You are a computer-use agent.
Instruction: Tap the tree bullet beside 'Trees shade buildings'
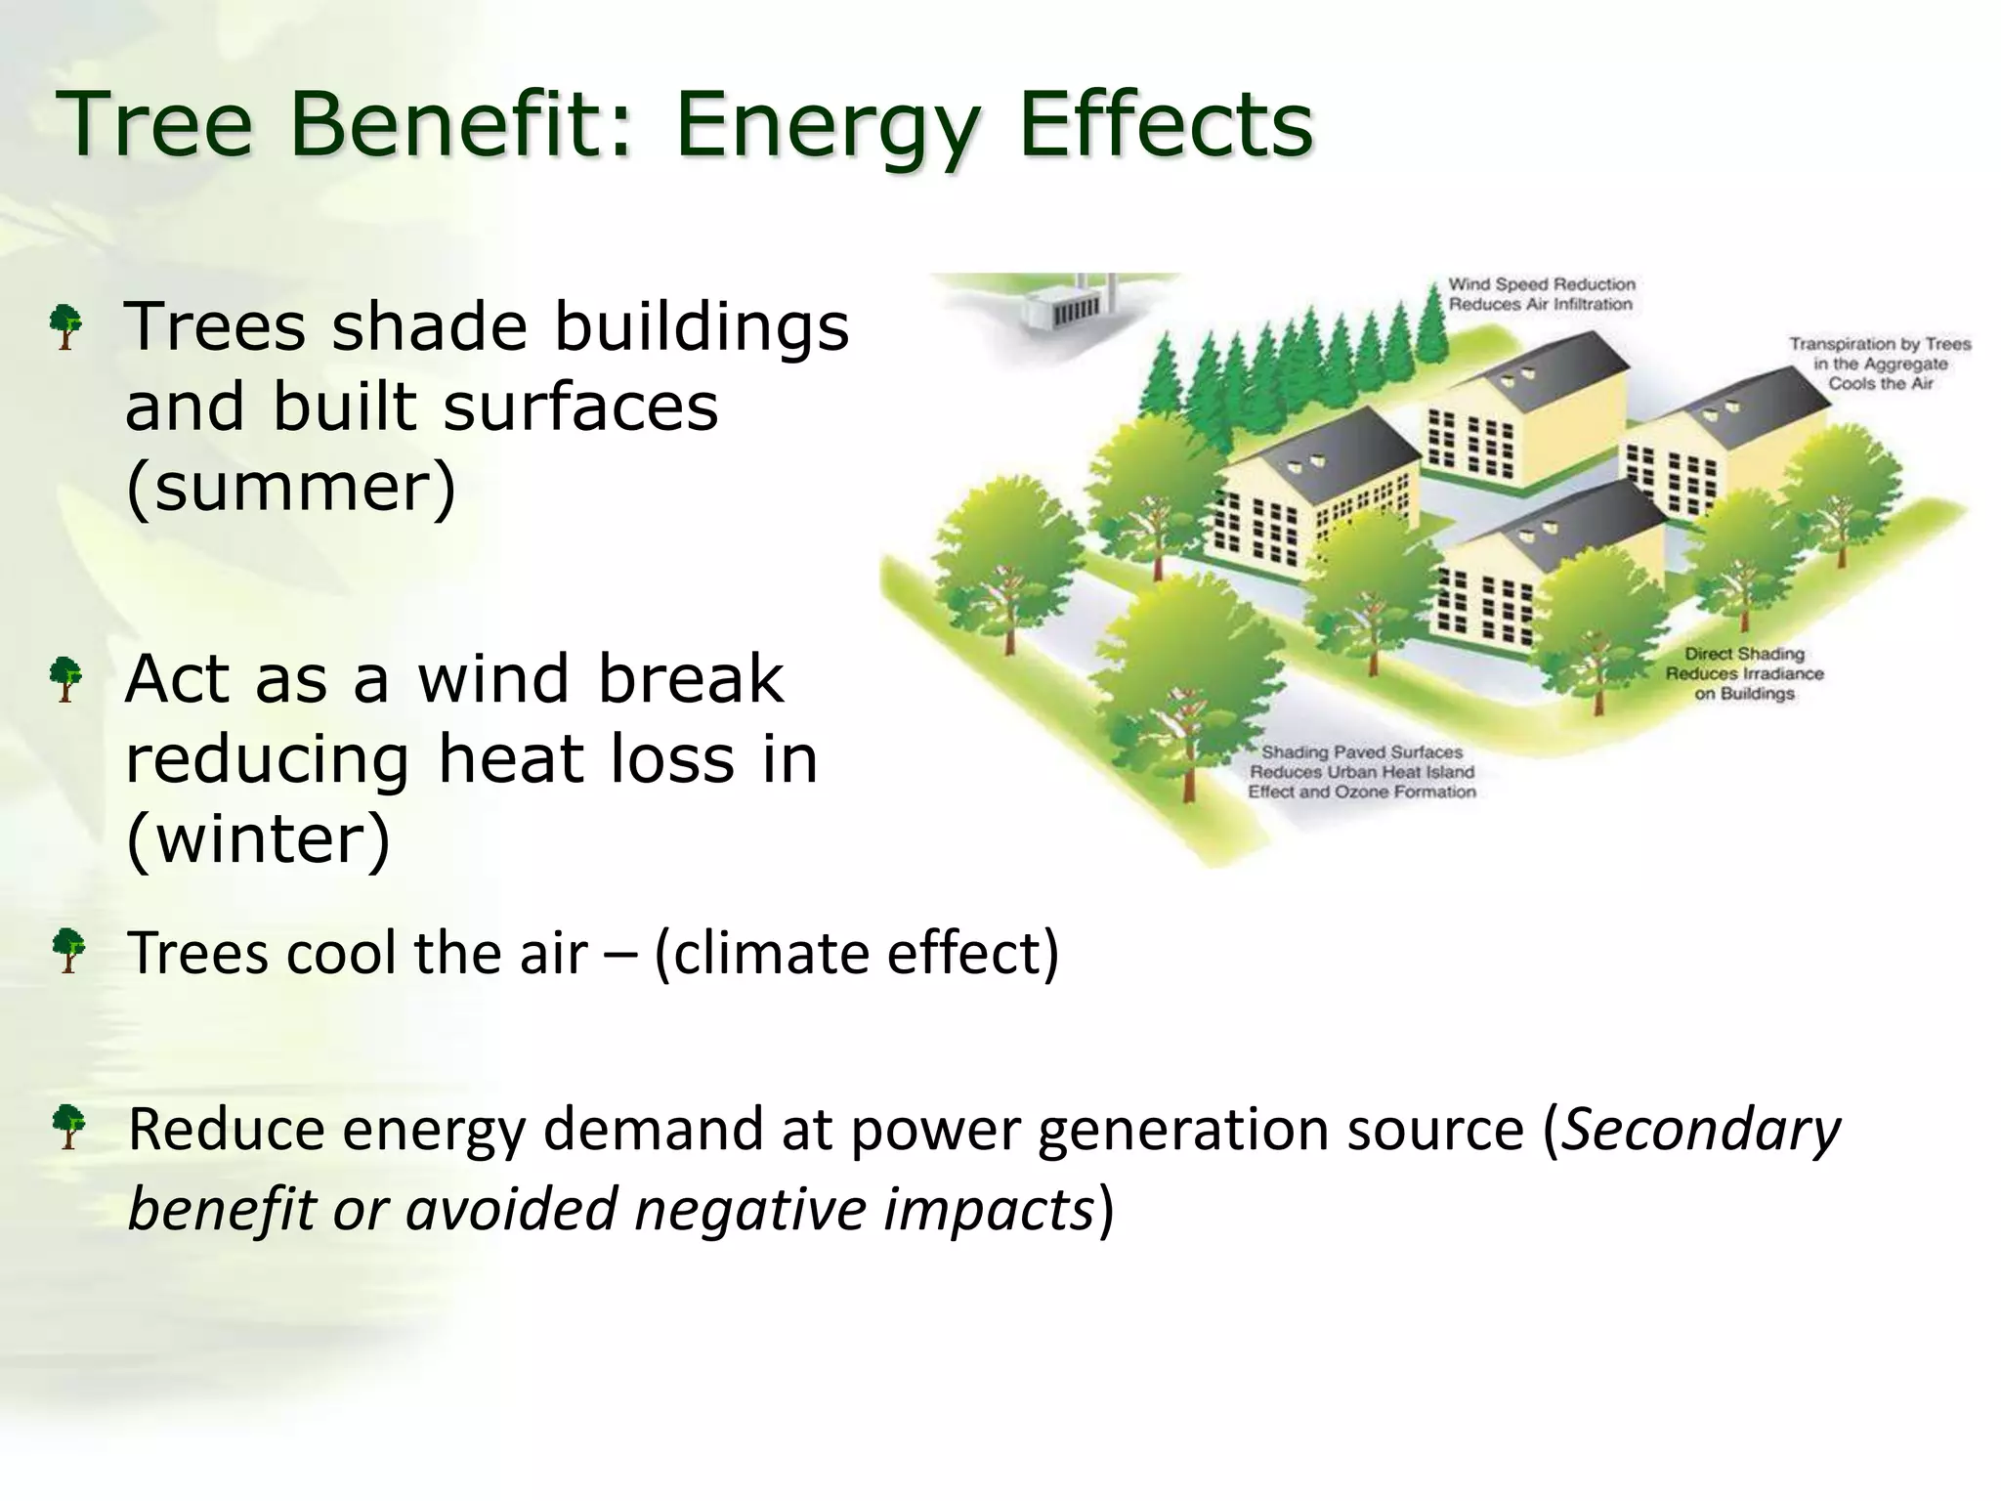click(x=65, y=326)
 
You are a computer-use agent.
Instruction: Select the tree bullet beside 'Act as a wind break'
click(x=65, y=679)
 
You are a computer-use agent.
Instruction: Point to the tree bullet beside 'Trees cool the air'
click(x=67, y=951)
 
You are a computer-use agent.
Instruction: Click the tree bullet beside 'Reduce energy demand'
click(x=67, y=1127)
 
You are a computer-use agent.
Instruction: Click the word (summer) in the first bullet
click(x=291, y=487)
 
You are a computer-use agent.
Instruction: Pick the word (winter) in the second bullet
click(x=258, y=838)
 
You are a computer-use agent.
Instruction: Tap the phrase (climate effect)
click(x=856, y=953)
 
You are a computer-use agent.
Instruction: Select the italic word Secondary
click(x=1700, y=1130)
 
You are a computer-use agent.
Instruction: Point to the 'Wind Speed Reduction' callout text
click(x=1541, y=294)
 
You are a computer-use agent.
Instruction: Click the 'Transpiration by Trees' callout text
click(x=1880, y=364)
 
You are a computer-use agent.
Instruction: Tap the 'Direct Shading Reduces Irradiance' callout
click(x=1744, y=673)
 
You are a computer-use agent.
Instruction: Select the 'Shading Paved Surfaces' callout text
click(x=1362, y=772)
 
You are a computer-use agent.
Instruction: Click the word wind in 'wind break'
click(x=493, y=679)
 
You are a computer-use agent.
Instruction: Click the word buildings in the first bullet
click(x=701, y=326)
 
